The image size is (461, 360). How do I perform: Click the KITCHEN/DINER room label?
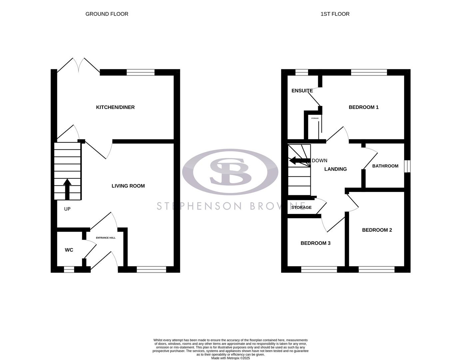[115, 107]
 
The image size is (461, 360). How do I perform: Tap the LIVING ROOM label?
[128, 186]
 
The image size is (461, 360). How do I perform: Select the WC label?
[69, 250]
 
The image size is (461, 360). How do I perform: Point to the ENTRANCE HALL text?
[106, 238]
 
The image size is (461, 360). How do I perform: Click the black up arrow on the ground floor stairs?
[67, 189]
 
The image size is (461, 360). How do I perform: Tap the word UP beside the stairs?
[67, 209]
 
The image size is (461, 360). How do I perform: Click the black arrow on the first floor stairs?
[299, 161]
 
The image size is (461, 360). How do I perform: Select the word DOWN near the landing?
[319, 161]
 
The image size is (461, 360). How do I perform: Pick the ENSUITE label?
[302, 91]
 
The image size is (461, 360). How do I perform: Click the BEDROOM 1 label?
[363, 107]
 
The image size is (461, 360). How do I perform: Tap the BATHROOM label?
[385, 166]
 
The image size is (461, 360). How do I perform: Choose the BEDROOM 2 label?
[377, 230]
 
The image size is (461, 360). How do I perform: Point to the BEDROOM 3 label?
[315, 243]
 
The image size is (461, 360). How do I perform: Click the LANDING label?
[335, 169]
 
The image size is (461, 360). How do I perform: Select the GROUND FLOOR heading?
[107, 14]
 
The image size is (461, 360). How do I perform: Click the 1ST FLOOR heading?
[335, 14]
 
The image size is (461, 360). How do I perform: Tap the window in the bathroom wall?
[407, 166]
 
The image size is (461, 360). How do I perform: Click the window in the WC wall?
[69, 269]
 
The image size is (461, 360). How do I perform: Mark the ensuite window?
[302, 72]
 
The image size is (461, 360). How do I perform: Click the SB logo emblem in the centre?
[230, 172]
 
